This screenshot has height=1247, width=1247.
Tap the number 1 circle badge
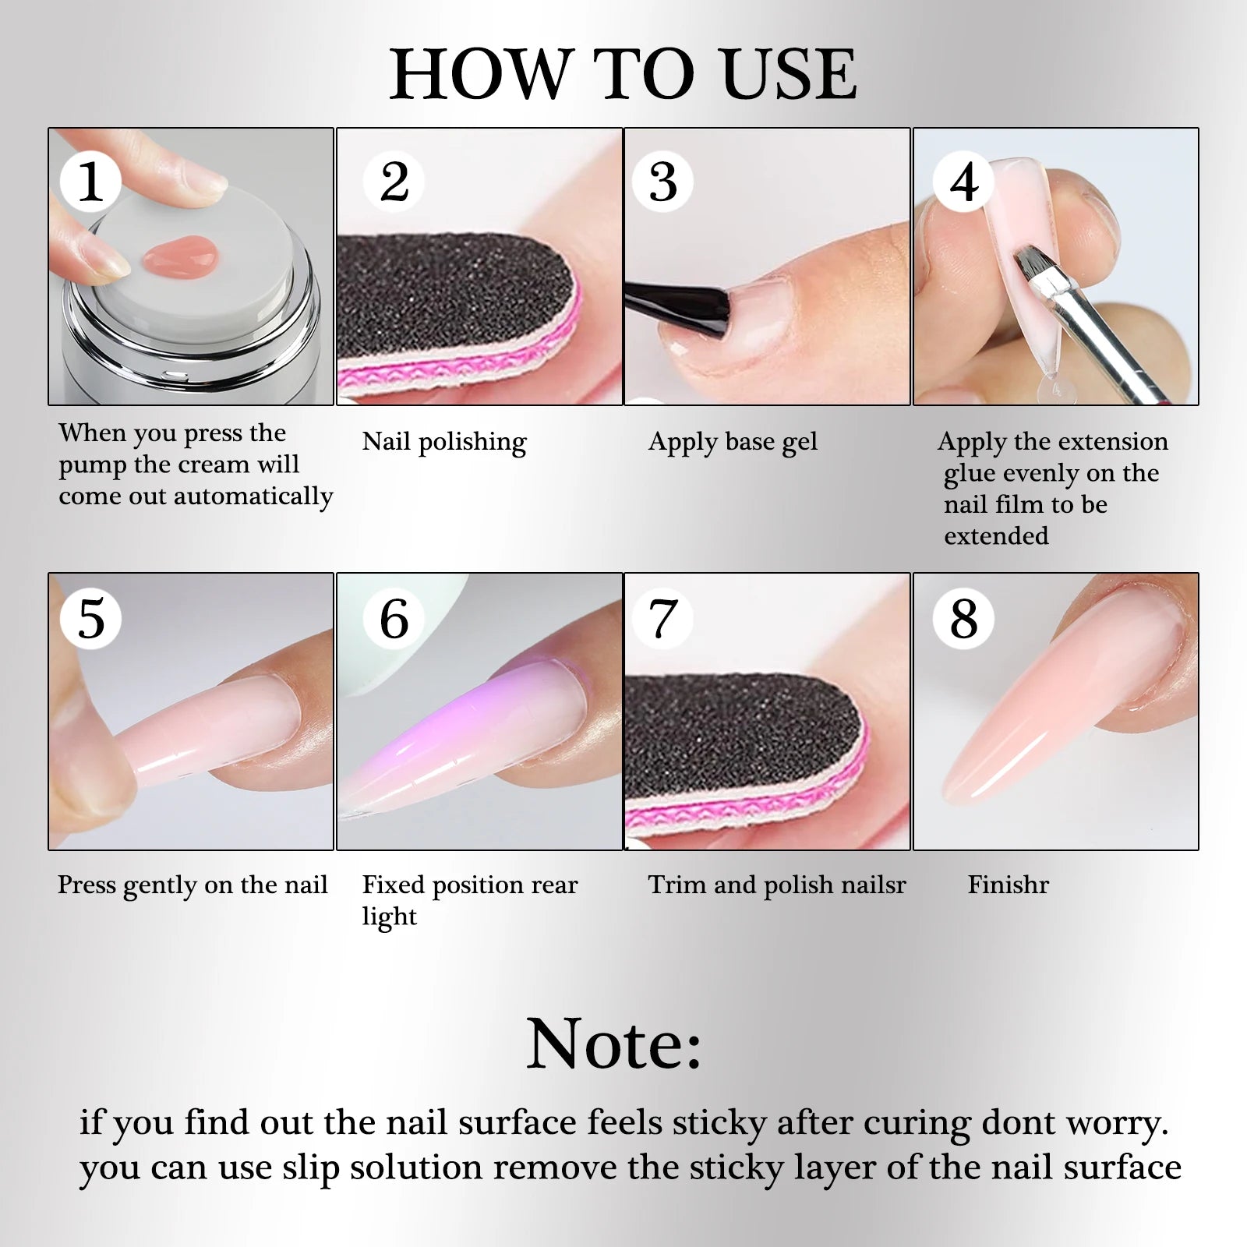[90, 182]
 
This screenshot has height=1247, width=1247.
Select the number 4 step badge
[964, 182]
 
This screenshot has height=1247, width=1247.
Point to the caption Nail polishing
[444, 442]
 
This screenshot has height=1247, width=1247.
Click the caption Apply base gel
[733, 442]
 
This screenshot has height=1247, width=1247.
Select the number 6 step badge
[394, 619]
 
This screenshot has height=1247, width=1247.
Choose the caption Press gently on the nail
[193, 885]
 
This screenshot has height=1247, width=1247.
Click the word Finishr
[1008, 885]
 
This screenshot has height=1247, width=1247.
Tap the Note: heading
[614, 1044]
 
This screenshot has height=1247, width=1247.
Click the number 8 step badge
[964, 619]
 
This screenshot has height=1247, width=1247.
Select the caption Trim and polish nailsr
[777, 885]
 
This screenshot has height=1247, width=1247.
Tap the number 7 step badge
[662, 619]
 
